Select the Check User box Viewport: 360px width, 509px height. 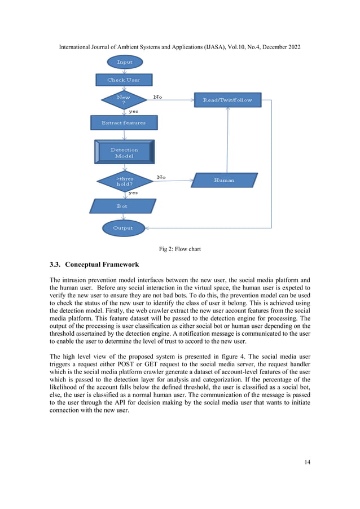pyautogui.click(x=124, y=80)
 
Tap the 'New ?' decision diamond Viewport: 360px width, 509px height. pyautogui.click(x=123, y=100)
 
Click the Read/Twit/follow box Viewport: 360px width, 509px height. pyautogui.click(x=227, y=100)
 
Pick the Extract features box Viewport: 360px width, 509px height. pyautogui.click(x=124, y=122)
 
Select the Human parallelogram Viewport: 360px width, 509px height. pyautogui.click(x=224, y=180)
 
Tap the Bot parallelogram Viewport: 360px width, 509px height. pyautogui.click(x=122, y=206)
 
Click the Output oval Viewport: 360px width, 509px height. pyautogui.click(x=123, y=228)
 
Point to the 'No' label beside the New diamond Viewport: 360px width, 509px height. pyautogui.click(x=157, y=97)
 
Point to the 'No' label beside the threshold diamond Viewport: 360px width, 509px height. pyautogui.click(x=161, y=177)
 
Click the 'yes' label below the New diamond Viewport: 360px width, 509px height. pyautogui.click(x=134, y=111)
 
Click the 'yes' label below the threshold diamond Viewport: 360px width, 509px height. pyautogui.click(x=133, y=193)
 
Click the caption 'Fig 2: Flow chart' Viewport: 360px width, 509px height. pyautogui.click(x=180, y=248)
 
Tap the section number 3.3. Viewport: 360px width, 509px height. pyautogui.click(x=56, y=265)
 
